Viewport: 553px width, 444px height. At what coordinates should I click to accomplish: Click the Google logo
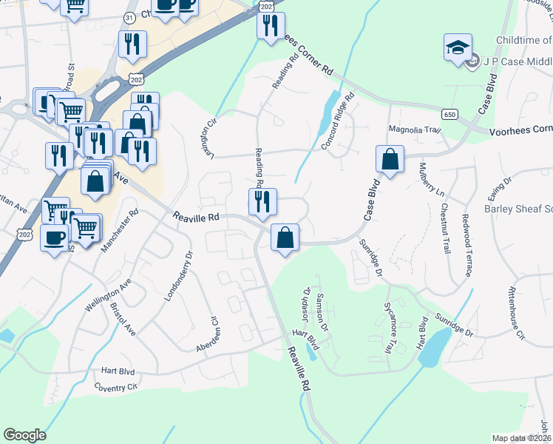point(25,435)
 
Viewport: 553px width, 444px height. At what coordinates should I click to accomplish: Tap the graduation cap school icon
point(458,47)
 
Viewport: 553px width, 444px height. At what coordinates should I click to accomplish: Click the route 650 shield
point(449,114)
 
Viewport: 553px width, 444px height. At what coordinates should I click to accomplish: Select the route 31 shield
point(129,17)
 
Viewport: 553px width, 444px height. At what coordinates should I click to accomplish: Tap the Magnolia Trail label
point(415,130)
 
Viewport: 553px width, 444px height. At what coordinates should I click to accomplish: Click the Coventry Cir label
point(116,386)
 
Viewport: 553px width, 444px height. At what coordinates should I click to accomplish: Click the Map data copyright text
point(522,438)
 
